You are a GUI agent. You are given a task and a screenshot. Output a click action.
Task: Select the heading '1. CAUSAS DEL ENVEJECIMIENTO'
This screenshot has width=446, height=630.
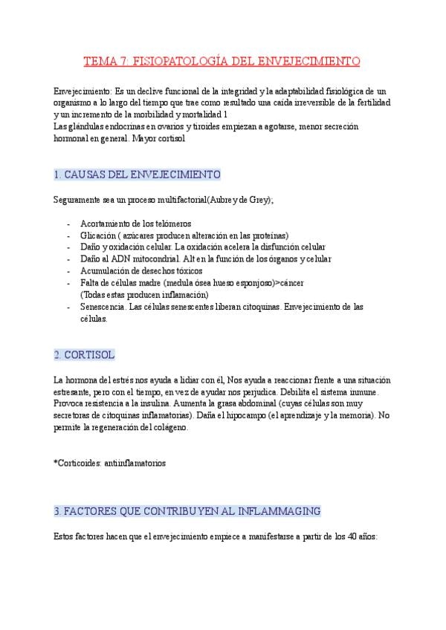(138, 175)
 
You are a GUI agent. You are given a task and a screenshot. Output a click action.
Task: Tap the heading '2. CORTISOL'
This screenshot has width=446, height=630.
(85, 354)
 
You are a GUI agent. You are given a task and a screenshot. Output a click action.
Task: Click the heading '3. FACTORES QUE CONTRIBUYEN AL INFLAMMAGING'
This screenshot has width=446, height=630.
(187, 511)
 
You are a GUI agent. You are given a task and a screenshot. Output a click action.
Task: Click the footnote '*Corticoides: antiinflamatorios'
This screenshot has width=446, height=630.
(110, 463)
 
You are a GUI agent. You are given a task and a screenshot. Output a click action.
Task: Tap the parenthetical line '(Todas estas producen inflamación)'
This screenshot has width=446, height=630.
(144, 295)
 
